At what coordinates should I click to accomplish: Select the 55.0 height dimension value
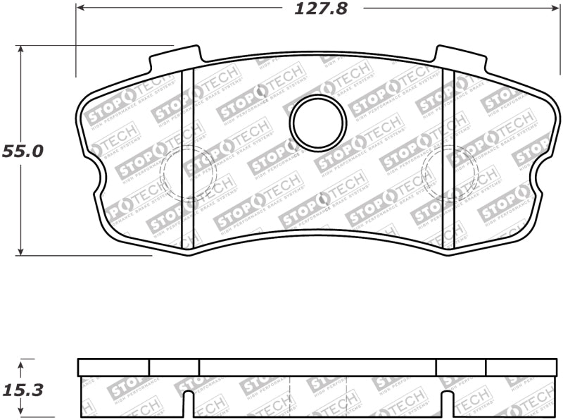(23, 151)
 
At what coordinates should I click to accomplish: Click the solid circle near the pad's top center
(318, 123)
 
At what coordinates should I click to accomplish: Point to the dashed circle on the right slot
(449, 173)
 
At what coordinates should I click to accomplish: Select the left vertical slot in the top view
(187, 159)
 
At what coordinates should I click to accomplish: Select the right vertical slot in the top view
(448, 159)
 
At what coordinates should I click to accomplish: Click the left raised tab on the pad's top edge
(176, 58)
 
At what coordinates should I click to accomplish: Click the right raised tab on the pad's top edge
(460, 58)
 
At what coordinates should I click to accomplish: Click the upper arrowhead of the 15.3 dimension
(21, 363)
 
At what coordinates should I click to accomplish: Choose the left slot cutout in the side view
(188, 405)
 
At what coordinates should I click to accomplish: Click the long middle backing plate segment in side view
(317, 367)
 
